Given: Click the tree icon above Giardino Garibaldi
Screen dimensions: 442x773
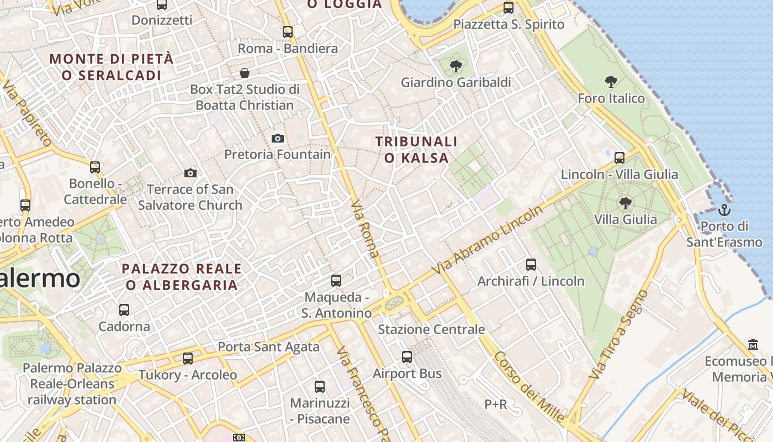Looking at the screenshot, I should [x=456, y=67].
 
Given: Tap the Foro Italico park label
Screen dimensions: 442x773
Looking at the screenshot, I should [x=611, y=98].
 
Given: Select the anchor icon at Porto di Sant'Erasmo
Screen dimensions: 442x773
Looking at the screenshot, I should [x=724, y=210].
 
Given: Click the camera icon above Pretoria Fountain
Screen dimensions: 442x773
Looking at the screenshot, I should [x=278, y=138].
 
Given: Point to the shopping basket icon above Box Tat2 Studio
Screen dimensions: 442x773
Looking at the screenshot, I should [x=245, y=73].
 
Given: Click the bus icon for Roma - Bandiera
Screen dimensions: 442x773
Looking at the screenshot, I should [x=288, y=32].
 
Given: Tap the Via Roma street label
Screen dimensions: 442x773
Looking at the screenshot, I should [x=366, y=229].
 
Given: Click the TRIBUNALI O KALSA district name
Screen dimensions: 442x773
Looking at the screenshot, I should [x=416, y=150].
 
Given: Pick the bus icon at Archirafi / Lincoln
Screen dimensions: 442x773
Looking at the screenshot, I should [x=531, y=265].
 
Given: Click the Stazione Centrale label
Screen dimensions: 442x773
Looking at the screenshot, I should [x=431, y=329].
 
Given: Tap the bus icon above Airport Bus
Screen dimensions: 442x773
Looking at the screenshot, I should [x=407, y=357].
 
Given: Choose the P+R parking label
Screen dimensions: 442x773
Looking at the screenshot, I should [x=495, y=404].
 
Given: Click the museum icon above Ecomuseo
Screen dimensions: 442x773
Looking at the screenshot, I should [x=753, y=345].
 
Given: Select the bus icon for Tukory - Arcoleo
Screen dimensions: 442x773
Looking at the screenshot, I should [x=188, y=359].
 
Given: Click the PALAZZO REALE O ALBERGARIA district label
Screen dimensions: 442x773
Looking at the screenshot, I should [x=182, y=277].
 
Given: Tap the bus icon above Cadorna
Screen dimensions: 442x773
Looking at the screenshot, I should [x=124, y=310].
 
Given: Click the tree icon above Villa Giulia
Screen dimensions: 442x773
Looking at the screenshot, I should [x=626, y=203].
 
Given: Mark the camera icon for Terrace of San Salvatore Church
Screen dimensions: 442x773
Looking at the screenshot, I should [x=190, y=173].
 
